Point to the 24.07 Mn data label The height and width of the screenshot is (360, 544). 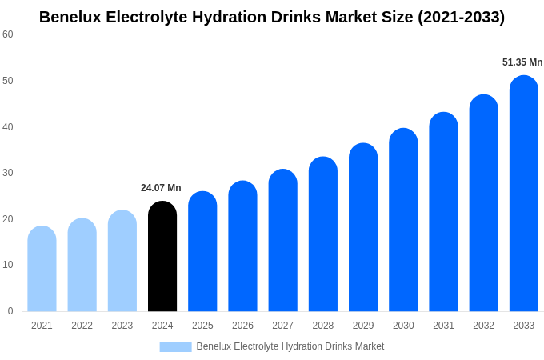point(161,188)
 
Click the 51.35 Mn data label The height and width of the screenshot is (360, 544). point(522,62)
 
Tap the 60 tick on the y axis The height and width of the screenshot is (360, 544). point(8,34)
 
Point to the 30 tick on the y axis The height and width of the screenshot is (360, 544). point(8,173)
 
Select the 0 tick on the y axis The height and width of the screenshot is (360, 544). point(10,311)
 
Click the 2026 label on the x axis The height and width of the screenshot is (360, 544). point(242,326)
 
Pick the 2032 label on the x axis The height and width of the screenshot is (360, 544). point(483,326)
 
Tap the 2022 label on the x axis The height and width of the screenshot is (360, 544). point(82,326)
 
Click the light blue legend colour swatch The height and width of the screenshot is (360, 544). point(175,347)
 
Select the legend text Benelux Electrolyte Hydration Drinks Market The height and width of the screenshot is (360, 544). point(290,346)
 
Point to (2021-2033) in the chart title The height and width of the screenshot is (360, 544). point(462,17)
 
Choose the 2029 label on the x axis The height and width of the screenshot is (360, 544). point(363,326)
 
